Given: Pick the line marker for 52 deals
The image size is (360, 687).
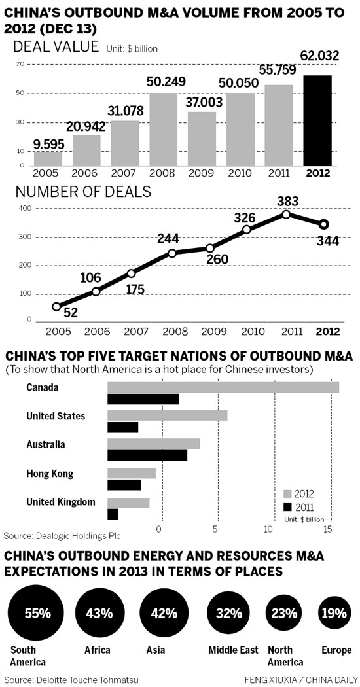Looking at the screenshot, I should pos(56,306).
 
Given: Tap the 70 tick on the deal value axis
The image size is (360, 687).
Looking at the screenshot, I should pos(20,63).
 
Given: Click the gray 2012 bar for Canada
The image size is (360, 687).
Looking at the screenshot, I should pos(223,387).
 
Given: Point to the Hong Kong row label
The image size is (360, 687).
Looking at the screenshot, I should pos(50,474).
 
